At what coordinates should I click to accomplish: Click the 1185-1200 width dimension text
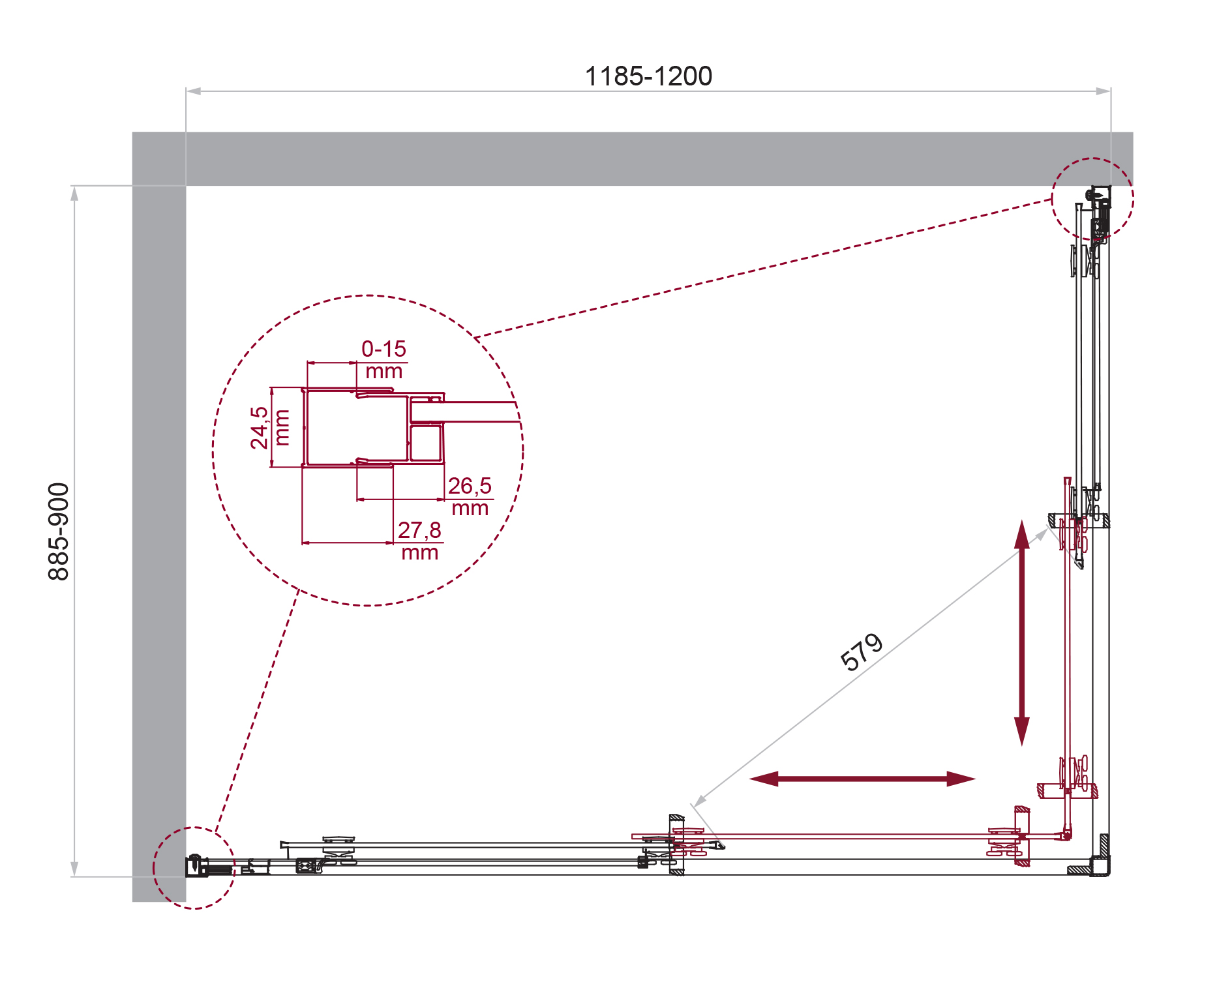tap(648, 76)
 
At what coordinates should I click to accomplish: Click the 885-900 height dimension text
tap(59, 531)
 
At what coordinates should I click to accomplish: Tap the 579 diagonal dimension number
tap(862, 651)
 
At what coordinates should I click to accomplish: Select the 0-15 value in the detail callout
tap(383, 349)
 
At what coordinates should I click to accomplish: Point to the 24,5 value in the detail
tap(259, 428)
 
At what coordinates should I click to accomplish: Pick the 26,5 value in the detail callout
tap(470, 486)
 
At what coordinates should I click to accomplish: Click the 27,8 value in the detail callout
tap(419, 530)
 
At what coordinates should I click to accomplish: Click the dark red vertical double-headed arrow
tap(1021, 633)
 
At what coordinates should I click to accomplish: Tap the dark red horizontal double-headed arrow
tap(862, 779)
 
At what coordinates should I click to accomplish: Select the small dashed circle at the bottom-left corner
tap(194, 868)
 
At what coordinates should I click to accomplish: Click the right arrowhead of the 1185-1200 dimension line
tap(1104, 91)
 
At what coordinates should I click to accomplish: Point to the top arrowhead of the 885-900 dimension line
tap(74, 194)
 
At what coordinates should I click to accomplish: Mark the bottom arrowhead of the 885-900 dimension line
tap(74, 869)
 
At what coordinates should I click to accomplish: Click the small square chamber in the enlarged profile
tap(426, 443)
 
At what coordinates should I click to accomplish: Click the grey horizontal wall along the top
tap(652, 159)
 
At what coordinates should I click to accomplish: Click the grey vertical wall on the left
tap(159, 522)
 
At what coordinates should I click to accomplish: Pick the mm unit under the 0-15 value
tap(383, 372)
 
